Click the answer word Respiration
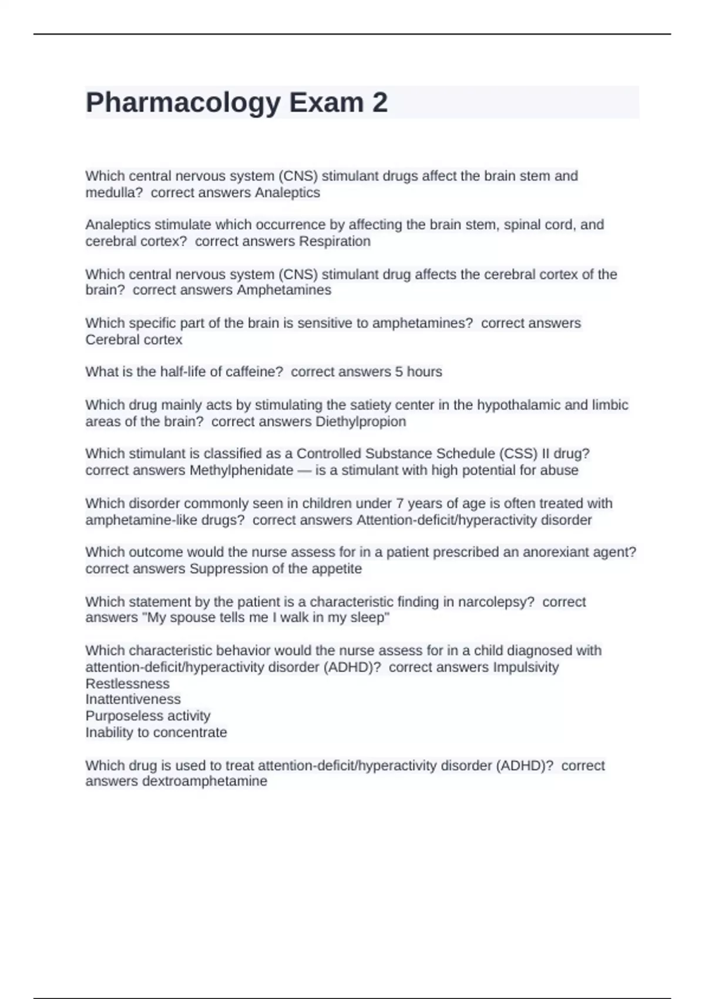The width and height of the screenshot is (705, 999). [334, 242]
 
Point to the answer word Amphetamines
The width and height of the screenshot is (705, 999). [284, 290]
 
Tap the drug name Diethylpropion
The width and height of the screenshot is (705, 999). [360, 422]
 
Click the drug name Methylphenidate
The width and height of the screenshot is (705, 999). [241, 471]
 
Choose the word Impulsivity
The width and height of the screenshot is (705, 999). [525, 668]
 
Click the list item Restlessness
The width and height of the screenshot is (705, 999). [127, 684]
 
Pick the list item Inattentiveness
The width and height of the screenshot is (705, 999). [133, 700]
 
